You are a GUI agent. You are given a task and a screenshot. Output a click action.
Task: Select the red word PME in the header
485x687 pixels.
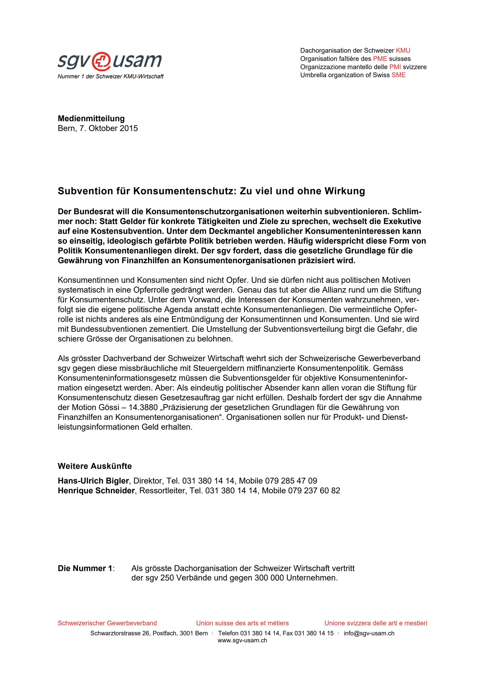pos(380,59)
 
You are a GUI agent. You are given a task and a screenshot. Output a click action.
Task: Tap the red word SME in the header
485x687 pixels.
pos(399,75)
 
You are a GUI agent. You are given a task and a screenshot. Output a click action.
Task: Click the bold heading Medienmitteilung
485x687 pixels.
pos(91,118)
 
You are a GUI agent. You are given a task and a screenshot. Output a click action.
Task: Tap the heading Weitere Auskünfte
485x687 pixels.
pos(95,466)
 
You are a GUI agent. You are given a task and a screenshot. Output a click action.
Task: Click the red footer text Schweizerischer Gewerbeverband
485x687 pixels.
pos(107,623)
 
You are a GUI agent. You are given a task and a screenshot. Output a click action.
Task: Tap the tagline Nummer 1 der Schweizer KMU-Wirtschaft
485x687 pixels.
pos(111,77)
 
